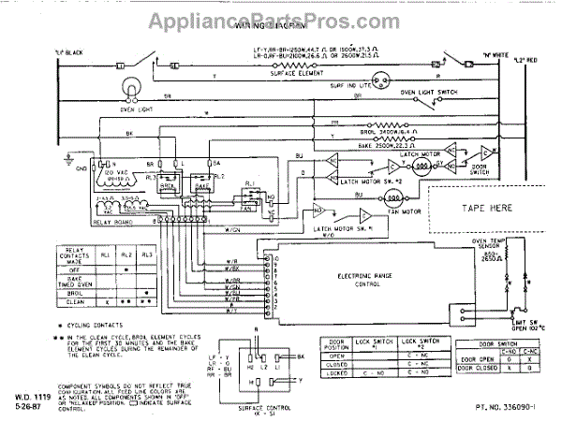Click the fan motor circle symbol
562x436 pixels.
pyautogui.click(x=394, y=198)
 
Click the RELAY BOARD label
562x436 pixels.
pyautogui.click(x=114, y=222)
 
